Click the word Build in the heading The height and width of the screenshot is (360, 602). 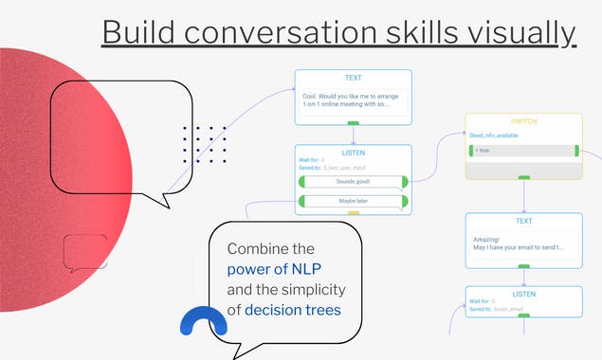[140, 32]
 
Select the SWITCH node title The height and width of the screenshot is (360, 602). [523, 122]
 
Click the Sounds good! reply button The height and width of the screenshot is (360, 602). [353, 181]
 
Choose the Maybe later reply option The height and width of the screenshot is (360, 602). [353, 201]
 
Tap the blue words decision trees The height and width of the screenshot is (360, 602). [292, 309]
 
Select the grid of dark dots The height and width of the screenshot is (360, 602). [204, 144]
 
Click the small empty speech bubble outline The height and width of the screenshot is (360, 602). [84, 252]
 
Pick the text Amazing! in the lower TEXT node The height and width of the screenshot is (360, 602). [486, 239]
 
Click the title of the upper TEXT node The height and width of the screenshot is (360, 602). [353, 79]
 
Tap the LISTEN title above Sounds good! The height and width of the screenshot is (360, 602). [353, 152]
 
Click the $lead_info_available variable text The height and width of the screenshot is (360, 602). [494, 135]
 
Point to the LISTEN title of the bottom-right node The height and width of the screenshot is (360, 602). [523, 294]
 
